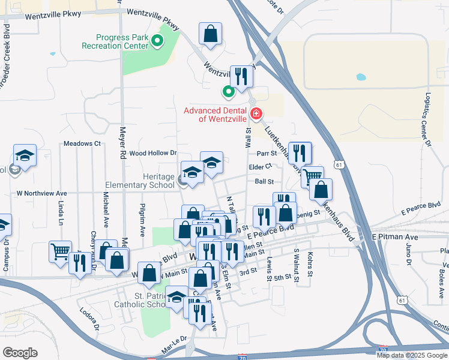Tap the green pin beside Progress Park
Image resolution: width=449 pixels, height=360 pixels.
tap(157, 41)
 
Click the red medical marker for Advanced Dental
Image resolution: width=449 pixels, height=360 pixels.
tap(256, 113)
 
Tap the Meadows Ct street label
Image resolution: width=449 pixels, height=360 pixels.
tap(82, 144)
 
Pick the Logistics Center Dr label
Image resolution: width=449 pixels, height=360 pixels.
tap(427, 119)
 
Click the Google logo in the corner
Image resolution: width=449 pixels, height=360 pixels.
tap(20, 353)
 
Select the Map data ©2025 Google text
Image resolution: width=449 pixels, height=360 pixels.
tap(412, 355)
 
